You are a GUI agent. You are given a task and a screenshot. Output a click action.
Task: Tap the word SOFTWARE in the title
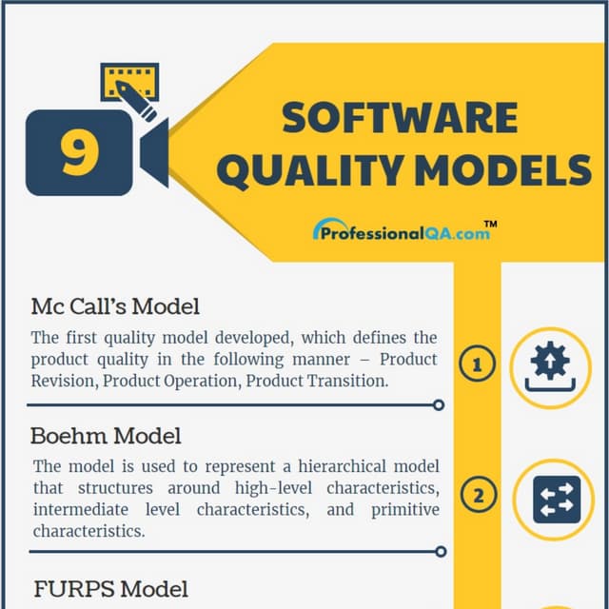coord(400,118)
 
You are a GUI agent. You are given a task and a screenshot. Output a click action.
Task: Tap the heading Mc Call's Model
coord(115,306)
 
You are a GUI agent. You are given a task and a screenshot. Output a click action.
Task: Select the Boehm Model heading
coord(106,436)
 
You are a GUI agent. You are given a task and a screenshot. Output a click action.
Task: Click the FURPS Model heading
coord(111,589)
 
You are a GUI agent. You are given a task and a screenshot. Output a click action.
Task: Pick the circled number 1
coord(478,364)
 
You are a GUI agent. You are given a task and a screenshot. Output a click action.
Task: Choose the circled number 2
coord(478,496)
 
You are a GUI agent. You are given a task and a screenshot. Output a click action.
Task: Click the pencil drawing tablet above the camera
coord(129,87)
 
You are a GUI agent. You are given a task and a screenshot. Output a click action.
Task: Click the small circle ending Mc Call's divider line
coord(439,404)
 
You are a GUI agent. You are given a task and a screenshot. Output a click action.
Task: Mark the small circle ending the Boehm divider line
coord(439,551)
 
